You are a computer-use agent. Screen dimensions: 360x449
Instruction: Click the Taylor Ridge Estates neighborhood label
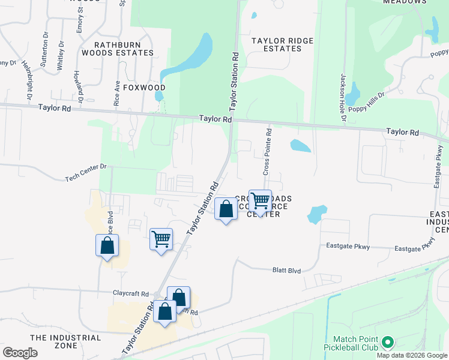(x=282, y=44)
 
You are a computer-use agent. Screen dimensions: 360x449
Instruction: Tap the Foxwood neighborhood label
(x=144, y=87)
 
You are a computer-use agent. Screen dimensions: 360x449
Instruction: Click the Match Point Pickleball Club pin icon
(x=387, y=343)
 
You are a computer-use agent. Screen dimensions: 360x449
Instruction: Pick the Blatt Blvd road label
(x=286, y=271)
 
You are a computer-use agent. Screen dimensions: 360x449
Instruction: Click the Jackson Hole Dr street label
(x=343, y=97)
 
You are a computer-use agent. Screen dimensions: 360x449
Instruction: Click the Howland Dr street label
(x=77, y=85)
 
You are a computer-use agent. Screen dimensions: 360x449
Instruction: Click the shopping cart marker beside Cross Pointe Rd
(x=260, y=201)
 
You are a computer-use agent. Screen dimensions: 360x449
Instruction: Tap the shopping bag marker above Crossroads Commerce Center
(x=226, y=209)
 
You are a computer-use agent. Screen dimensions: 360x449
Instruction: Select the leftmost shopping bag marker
(x=107, y=245)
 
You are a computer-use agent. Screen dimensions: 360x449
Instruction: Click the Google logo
(x=20, y=353)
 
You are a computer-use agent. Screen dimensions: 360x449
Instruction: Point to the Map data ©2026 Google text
(x=412, y=355)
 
